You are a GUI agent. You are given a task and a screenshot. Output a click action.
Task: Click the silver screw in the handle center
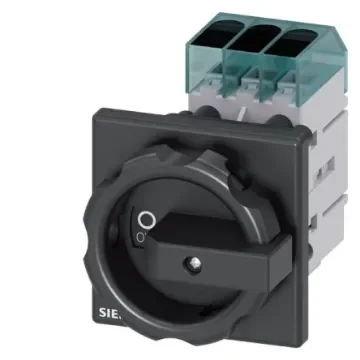(189, 264)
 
